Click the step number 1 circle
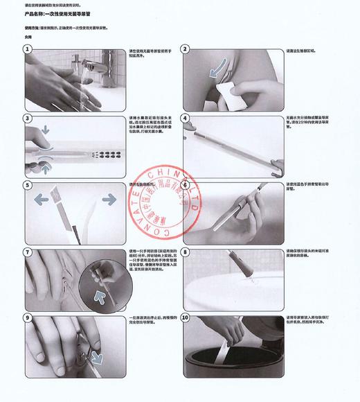click(28, 49)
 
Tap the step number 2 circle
click(185, 49)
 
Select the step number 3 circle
click(28, 118)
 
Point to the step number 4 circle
click(185, 118)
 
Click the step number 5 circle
click(28, 185)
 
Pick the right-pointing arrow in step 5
click(109, 199)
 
